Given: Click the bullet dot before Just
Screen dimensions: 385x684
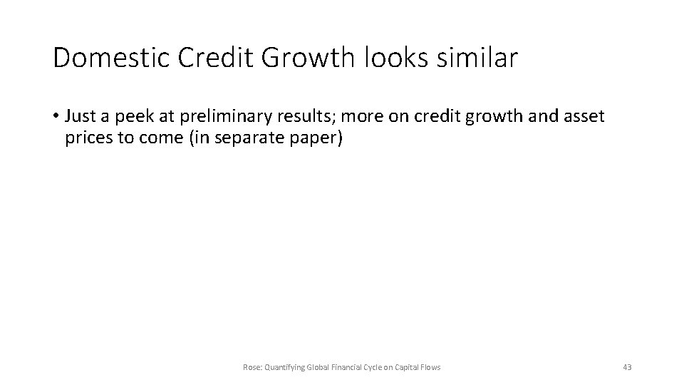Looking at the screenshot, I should pyautogui.click(x=55, y=116).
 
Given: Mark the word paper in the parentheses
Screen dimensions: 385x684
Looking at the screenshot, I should pyautogui.click(x=318, y=138).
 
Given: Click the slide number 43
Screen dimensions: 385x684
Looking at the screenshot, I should pyautogui.click(x=627, y=367).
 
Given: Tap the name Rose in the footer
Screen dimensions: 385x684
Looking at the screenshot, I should pyautogui.click(x=251, y=367).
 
